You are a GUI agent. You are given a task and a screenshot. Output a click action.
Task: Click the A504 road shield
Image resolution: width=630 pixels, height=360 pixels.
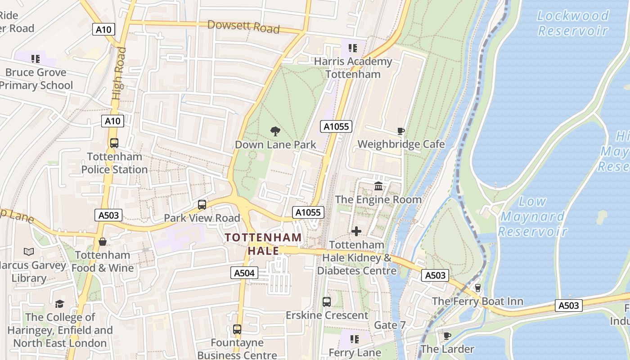pos(245,272)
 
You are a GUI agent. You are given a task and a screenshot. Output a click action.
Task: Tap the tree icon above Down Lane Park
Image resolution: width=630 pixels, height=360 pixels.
pos(275,131)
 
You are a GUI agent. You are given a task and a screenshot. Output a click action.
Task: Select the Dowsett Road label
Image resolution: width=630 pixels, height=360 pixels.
pos(243,27)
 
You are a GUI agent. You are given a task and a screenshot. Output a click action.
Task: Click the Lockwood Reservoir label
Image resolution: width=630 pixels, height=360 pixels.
pos(573,23)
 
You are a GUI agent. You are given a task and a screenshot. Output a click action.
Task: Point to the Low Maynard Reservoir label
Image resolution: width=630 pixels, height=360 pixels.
pos(532,216)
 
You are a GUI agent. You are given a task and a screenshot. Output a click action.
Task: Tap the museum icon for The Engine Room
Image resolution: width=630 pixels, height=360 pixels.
pos(378,186)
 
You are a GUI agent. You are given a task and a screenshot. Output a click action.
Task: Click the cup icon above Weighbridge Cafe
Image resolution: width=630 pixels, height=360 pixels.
pos(400,131)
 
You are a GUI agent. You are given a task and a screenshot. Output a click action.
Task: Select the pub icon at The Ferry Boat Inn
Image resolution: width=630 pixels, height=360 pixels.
pos(477,288)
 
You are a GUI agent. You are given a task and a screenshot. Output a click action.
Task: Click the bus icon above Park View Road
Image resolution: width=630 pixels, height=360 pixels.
pos(202,205)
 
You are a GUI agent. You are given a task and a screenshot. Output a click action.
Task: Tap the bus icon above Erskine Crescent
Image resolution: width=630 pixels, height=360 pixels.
pos(327,302)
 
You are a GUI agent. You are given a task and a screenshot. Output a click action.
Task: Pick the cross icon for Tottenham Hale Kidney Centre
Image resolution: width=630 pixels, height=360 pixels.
pos(356,231)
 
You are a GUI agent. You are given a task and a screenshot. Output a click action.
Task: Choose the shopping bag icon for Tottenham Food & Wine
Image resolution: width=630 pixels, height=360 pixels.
pos(103,242)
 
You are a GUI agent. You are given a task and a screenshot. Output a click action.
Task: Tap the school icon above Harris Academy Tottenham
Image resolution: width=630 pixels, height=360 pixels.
pos(352,48)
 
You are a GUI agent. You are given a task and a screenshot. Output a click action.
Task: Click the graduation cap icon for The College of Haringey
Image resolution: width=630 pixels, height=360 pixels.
pos(59,304)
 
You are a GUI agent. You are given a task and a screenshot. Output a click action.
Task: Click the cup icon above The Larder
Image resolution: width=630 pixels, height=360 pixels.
pos(447,336)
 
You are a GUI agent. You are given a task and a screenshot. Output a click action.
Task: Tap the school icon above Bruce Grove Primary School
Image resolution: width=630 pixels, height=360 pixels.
pos(36,58)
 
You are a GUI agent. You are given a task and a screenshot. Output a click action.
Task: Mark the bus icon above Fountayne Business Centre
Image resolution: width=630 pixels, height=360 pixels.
pos(237,329)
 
